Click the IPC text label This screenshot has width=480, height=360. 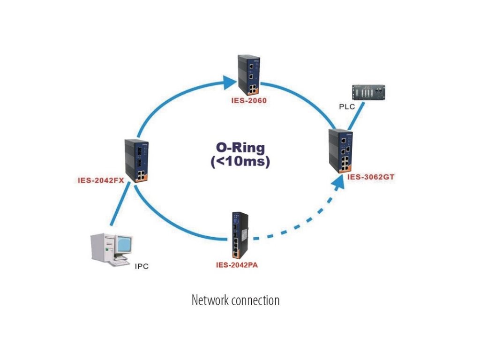coord(142,266)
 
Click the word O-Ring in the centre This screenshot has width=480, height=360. coord(240,148)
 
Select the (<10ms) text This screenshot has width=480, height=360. coord(240,161)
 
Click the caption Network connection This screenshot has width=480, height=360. coord(235,300)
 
